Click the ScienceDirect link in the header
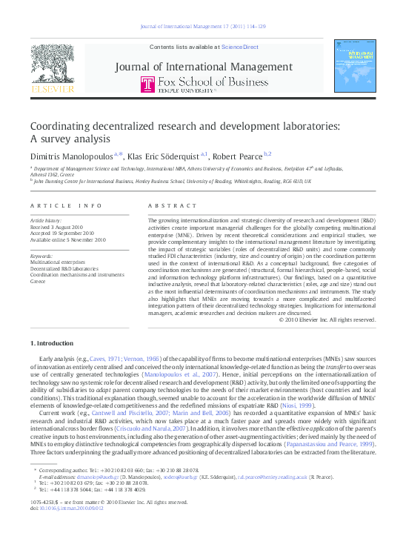coord(241,47)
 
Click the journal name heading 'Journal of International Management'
coord(203,67)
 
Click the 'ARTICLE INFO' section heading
coord(67,206)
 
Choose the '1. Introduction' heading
coord(52,344)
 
